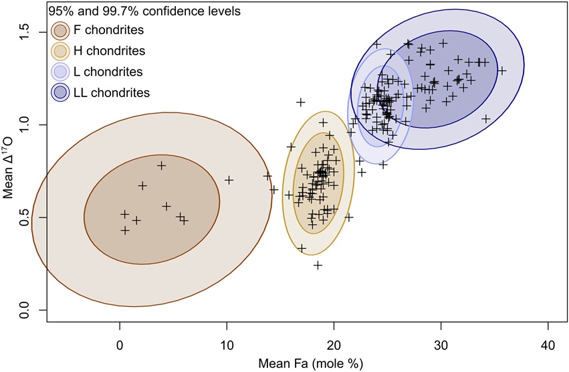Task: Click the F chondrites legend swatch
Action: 61,30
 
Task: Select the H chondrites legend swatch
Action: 61,51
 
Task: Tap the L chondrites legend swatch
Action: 61,72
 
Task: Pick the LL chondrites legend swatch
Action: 61,92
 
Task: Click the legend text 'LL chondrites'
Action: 112,92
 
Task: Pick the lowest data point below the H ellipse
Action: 318,265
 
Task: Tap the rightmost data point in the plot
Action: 501,70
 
